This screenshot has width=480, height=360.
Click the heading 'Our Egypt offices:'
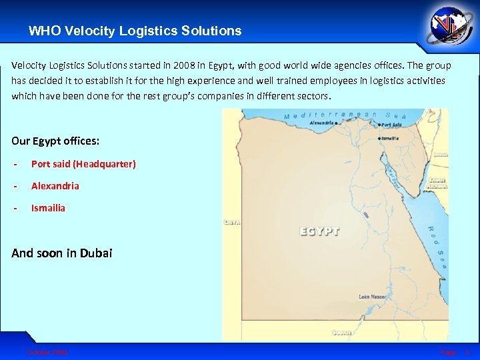56,141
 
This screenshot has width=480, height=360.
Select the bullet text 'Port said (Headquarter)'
83,164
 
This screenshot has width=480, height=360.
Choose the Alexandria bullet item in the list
55,186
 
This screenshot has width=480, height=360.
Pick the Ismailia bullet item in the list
49,208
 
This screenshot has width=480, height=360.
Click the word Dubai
97,253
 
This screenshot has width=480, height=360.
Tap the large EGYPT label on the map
319,231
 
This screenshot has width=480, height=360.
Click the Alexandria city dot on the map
337,123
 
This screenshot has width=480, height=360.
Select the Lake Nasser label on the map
372,297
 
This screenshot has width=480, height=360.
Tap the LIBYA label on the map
233,222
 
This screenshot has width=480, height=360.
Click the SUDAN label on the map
343,331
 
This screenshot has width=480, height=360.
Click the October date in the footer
47,351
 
